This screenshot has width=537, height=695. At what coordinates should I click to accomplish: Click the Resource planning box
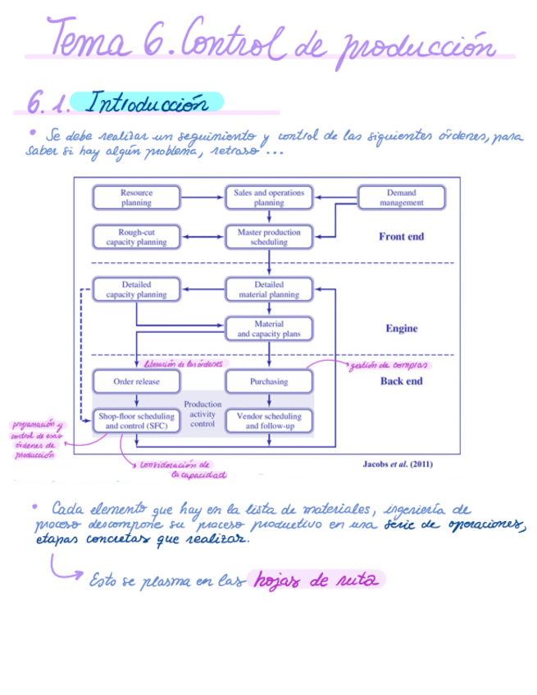tap(136, 198)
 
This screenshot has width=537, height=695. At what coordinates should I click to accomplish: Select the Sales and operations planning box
tap(269, 198)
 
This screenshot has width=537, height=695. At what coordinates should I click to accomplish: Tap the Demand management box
tap(402, 198)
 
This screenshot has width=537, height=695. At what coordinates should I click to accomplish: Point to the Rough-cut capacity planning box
tap(136, 237)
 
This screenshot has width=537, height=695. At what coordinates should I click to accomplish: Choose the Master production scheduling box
tap(269, 237)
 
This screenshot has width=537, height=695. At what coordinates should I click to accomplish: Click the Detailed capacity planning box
tap(136, 289)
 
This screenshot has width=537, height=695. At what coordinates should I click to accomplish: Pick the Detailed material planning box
tap(269, 289)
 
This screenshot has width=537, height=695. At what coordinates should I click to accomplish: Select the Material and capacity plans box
tap(269, 329)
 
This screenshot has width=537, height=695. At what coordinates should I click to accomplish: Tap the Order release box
tap(136, 381)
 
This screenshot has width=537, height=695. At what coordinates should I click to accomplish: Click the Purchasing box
tap(269, 381)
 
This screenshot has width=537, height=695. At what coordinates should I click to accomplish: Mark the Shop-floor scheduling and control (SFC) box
tap(136, 421)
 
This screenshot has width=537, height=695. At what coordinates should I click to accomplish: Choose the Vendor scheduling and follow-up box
tap(269, 421)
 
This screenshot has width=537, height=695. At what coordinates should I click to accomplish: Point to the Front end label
tap(401, 237)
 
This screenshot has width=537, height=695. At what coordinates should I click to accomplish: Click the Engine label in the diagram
tap(401, 329)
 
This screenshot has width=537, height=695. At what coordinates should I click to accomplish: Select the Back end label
tap(401, 381)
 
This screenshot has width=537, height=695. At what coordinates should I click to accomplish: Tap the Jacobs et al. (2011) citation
tap(398, 464)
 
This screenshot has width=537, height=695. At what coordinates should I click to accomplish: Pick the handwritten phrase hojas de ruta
tap(316, 580)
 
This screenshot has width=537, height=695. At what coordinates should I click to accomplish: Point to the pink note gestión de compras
tap(390, 365)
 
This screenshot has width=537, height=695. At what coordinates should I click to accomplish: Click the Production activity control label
tap(203, 414)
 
